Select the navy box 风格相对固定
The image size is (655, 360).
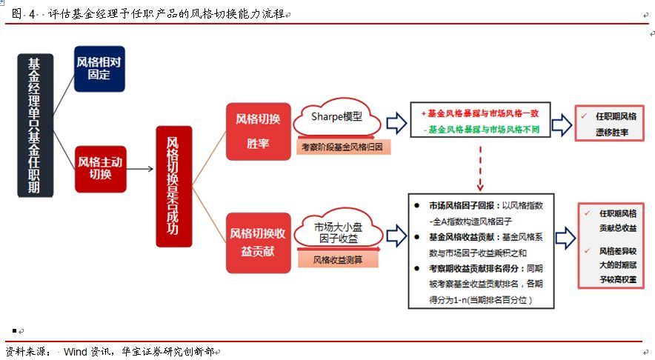click(99, 68)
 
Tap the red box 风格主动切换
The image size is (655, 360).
click(99, 169)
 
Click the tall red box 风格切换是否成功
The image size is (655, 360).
click(173, 186)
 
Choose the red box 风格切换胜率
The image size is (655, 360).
click(257, 130)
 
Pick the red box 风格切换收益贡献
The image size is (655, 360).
click(257, 242)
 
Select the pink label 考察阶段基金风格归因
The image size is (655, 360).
click(344, 147)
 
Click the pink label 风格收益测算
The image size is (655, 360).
click(338, 260)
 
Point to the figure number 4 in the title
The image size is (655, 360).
click(33, 13)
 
